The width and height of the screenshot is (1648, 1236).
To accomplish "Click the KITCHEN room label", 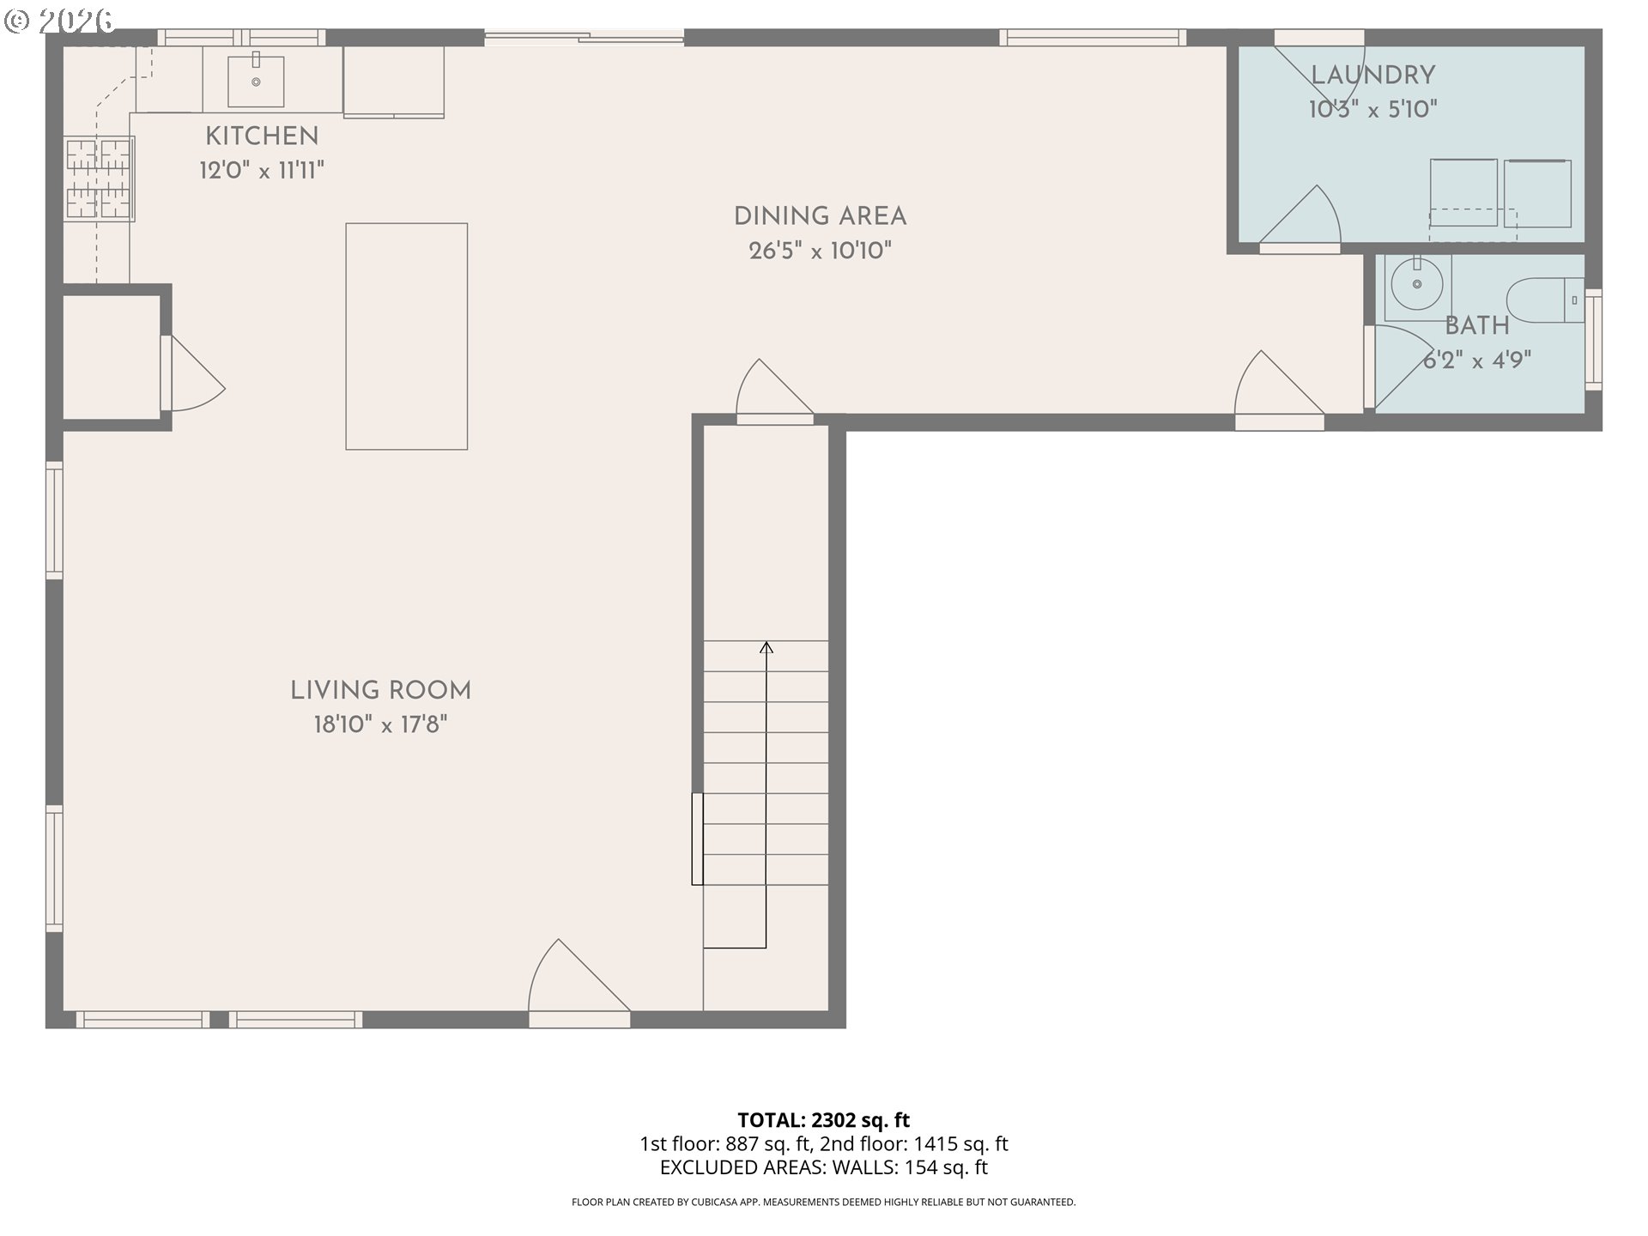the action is coord(262,136).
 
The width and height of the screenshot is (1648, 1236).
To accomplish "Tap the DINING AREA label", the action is coord(820,216).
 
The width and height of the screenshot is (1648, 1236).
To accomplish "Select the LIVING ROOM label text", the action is coord(380,691).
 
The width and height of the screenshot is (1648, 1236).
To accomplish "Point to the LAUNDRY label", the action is coord(1372,76).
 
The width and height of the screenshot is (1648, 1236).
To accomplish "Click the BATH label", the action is coord(1477,326).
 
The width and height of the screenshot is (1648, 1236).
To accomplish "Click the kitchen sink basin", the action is coord(256,80).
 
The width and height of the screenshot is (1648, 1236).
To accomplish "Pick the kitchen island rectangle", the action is coord(407,336).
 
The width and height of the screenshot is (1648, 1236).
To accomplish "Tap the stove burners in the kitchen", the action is coord(99,179).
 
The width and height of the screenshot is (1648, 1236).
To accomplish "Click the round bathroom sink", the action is coord(1416,284).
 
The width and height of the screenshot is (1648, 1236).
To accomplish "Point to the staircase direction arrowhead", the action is coord(766,647).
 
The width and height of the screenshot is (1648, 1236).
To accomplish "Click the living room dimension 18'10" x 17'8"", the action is coord(380,725).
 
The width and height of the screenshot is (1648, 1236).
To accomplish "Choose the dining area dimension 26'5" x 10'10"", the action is coord(820,251).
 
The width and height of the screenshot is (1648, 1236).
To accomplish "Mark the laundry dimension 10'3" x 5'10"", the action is coord(1372,110).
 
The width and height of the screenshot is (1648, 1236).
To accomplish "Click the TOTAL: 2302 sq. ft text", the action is coord(823,1120).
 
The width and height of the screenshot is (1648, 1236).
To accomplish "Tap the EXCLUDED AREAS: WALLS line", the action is coord(823,1167).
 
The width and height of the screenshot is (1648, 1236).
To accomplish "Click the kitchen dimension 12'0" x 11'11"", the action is coord(262,170).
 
